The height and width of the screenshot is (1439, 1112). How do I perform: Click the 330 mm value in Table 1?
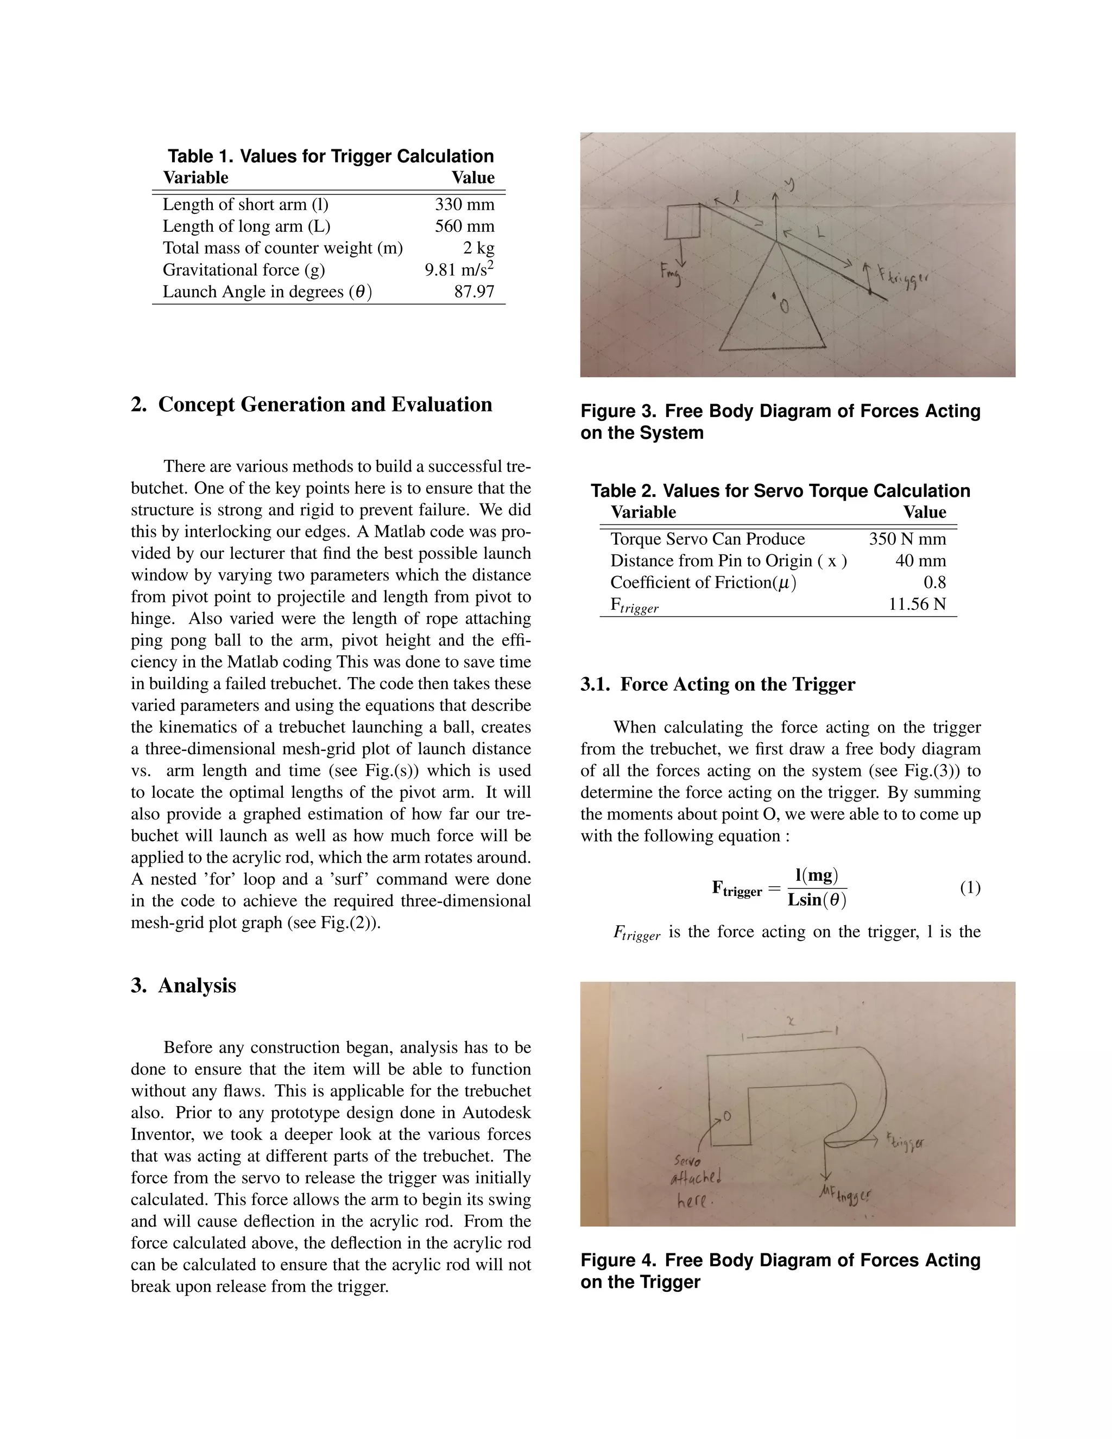click(464, 204)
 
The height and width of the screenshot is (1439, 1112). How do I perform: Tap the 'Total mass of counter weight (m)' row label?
click(282, 248)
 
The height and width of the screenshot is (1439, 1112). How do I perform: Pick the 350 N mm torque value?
click(907, 539)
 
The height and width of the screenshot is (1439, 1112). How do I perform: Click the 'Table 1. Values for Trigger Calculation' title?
click(330, 156)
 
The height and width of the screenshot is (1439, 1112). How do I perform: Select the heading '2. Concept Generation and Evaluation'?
click(311, 404)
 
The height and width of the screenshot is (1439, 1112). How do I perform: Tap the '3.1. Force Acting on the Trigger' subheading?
click(717, 685)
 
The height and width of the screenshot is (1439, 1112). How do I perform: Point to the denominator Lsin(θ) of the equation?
click(817, 900)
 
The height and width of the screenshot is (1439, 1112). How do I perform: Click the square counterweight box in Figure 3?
click(683, 222)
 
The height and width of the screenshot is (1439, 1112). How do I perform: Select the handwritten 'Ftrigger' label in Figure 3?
click(905, 275)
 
